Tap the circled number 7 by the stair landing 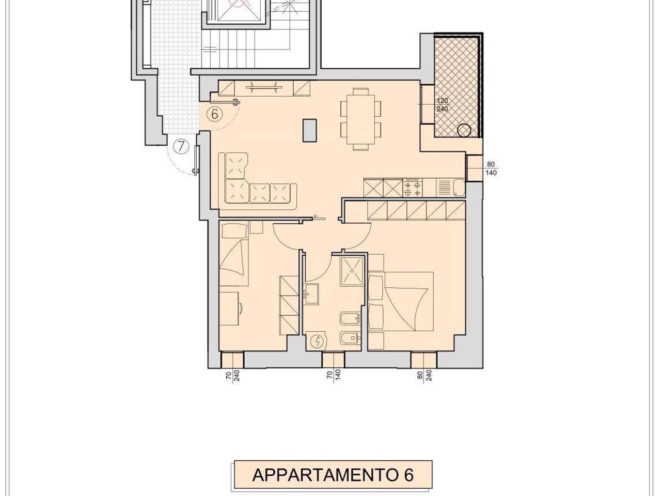click(180, 147)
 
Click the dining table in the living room click(360, 119)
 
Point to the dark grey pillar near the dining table click(309, 130)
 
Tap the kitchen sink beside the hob click(445, 188)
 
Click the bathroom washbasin click(312, 293)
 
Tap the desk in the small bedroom click(230, 308)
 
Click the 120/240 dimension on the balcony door click(442, 105)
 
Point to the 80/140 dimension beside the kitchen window click(491, 169)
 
